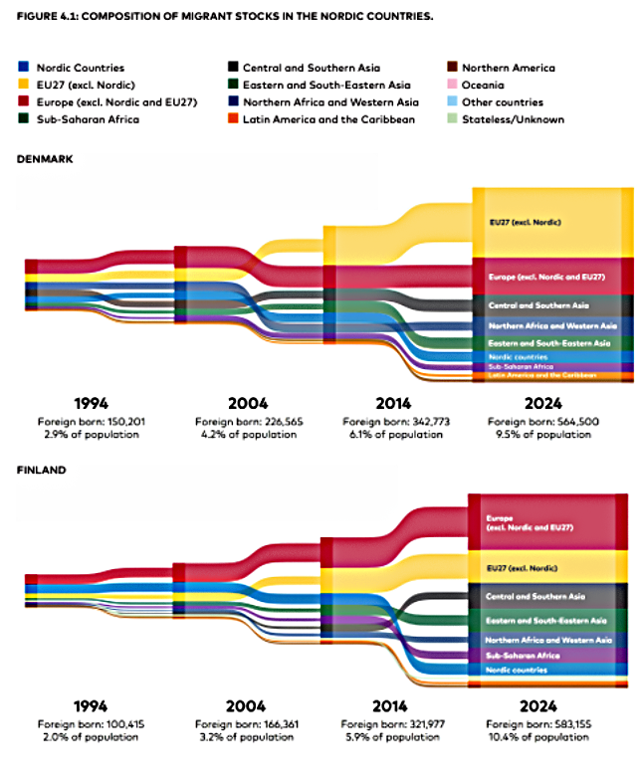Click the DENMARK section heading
[45, 158]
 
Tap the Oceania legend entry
[492, 86]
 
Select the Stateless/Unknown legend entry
[513, 119]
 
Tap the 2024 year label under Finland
[539, 706]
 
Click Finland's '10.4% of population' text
[539, 737]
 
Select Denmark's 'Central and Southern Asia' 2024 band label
[538, 304]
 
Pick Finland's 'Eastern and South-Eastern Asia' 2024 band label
[546, 620]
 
